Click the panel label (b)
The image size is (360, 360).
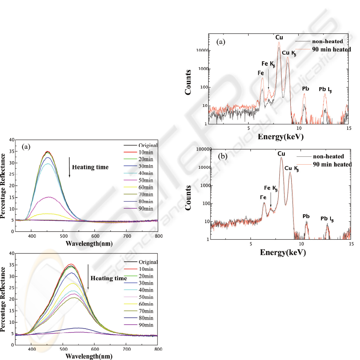tap(223, 156)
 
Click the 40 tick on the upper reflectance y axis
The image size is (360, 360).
tap(11, 140)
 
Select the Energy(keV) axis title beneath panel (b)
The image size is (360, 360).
tap(283, 252)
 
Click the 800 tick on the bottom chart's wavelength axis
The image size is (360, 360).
tap(157, 349)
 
